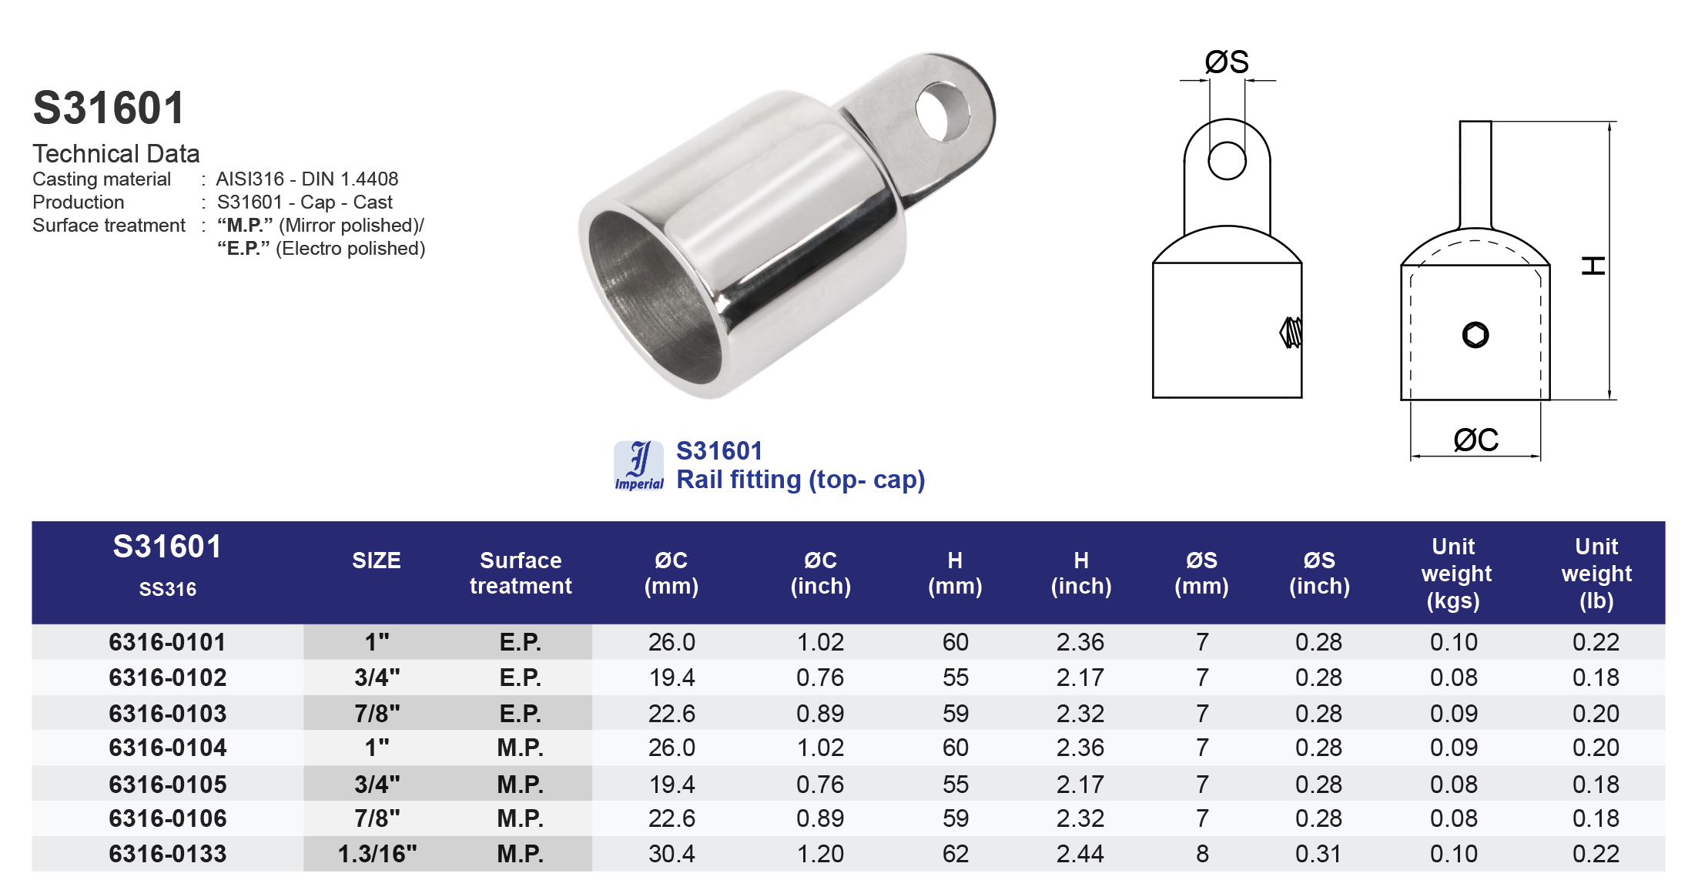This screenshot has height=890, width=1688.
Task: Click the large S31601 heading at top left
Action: [x=109, y=108]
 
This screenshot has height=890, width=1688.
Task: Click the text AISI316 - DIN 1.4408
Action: [x=306, y=179]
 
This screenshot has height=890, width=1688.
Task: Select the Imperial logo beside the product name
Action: [x=638, y=466]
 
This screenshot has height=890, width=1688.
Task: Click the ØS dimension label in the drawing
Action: [x=1226, y=62]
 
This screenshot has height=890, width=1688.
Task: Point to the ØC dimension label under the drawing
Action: [x=1475, y=440]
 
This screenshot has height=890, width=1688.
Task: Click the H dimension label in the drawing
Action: [x=1593, y=266]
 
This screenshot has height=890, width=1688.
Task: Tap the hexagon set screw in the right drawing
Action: [x=1475, y=335]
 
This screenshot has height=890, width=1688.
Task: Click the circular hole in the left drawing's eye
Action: [x=1227, y=161]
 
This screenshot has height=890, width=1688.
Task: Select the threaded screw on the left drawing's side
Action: [x=1291, y=333]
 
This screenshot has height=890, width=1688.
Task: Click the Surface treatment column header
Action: [x=521, y=573]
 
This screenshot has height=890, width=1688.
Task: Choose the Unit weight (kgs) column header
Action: [x=1453, y=573]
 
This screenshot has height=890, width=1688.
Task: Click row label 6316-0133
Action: [x=167, y=854]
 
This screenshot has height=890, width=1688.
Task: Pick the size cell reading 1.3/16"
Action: [x=377, y=854]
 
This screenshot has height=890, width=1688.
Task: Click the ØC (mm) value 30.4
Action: [x=672, y=854]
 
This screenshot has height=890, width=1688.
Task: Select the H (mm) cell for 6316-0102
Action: [x=955, y=678]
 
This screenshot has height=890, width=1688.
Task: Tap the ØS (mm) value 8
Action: [x=1201, y=854]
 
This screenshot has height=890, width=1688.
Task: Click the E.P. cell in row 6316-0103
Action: [x=521, y=714]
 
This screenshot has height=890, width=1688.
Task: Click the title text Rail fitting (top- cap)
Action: [x=800, y=480]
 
